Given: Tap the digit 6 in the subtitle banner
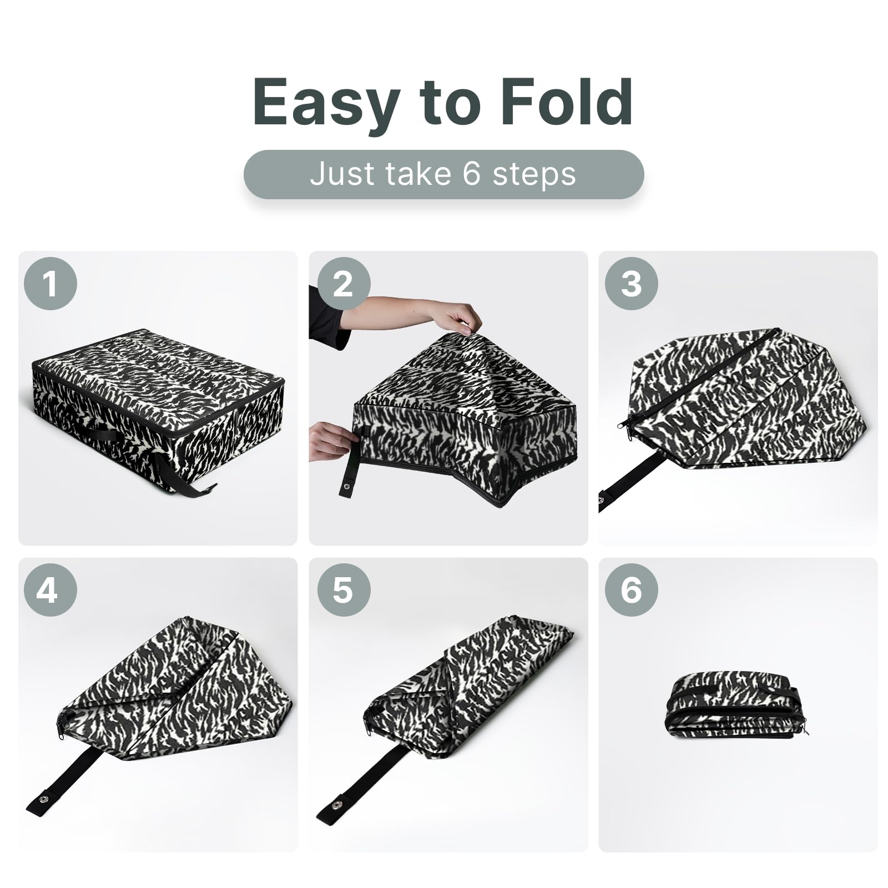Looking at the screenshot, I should point(471,174).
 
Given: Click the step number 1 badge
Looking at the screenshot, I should point(50,284).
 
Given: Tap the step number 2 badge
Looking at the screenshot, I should point(343,284).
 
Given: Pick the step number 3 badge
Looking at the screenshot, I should point(631,284).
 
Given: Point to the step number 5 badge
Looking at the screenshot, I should point(343,589).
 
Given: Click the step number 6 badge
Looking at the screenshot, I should point(631,589).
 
